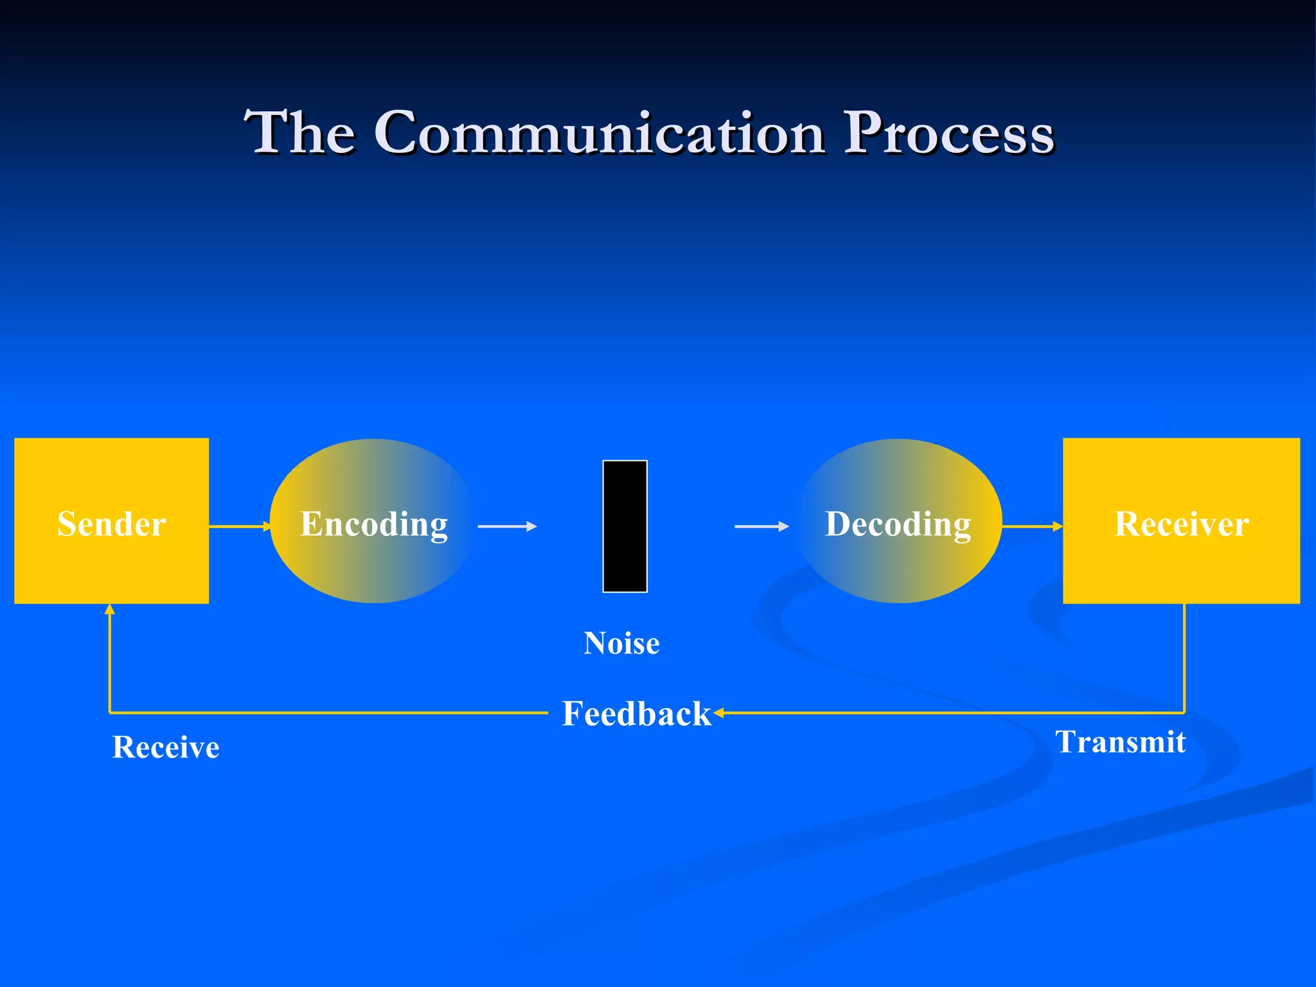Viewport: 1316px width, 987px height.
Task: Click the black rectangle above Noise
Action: point(625,526)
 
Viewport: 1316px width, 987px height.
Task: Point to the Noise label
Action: point(621,643)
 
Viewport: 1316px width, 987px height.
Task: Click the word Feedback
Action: point(636,714)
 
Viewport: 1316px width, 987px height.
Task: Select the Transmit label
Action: point(1120,742)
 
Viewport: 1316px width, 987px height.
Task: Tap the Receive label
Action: point(166,747)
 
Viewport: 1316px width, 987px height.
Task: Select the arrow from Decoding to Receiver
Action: point(1032,526)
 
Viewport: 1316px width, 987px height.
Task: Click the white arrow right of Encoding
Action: point(507,526)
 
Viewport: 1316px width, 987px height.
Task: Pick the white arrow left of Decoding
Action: point(761,526)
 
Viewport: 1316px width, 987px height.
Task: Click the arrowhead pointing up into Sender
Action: point(110,609)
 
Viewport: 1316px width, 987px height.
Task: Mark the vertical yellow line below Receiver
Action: point(1184,659)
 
